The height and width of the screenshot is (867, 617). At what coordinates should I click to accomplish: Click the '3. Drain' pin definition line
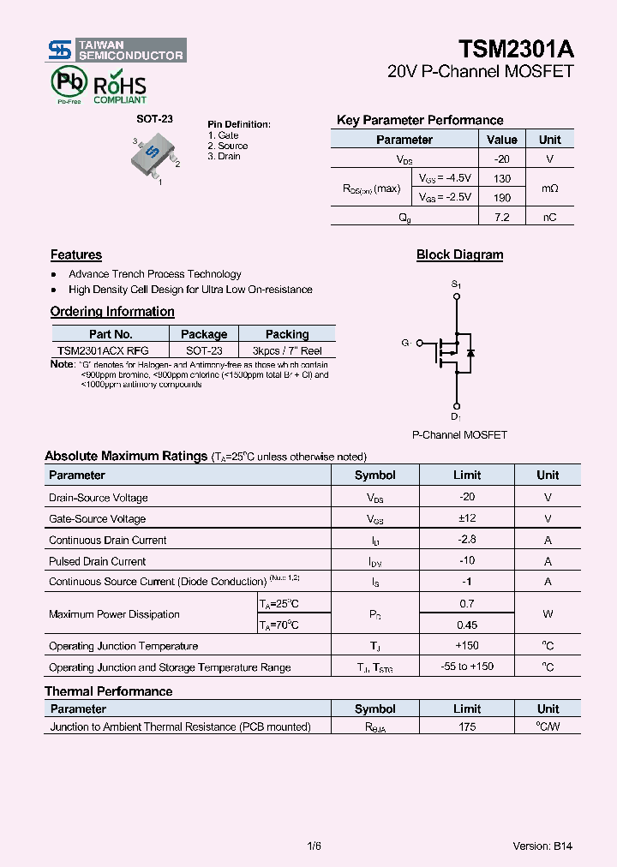pos(225,156)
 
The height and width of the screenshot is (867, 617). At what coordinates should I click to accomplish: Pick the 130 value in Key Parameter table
pos(502,178)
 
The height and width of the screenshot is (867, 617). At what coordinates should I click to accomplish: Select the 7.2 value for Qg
pos(502,218)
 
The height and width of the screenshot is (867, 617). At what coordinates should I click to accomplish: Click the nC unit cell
pos(549,218)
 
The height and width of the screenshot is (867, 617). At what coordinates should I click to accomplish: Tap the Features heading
pos(76,254)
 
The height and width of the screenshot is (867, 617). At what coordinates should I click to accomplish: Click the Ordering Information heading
pos(112,312)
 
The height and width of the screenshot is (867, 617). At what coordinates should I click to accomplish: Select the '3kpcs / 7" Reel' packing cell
pos(287,350)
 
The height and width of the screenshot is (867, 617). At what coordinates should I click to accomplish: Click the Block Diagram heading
pos(459,254)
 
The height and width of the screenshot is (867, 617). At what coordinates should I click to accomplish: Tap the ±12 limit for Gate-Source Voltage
pos(467,518)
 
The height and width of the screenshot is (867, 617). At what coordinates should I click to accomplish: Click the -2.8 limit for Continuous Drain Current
pos(467,540)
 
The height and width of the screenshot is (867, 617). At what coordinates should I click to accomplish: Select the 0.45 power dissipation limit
pos(467,625)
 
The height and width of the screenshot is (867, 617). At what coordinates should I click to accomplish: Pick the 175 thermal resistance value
pos(467,726)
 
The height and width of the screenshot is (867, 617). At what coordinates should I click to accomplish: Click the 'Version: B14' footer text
pos(542,846)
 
